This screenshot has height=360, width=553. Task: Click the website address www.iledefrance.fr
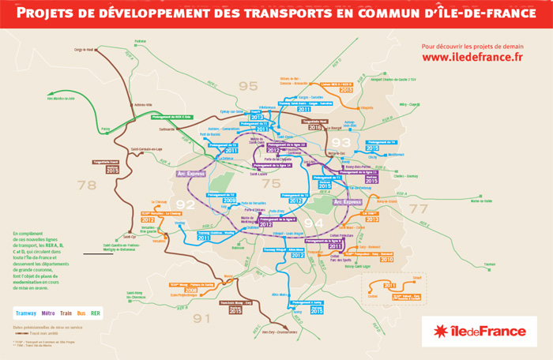472,58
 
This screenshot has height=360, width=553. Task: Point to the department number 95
248,85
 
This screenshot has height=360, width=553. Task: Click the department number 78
85,186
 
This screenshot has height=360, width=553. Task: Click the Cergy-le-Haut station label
85,50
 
